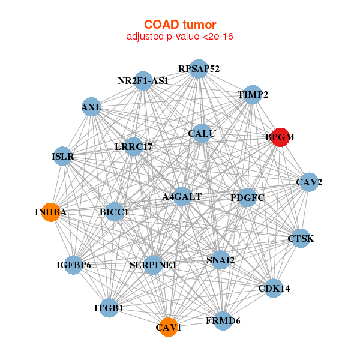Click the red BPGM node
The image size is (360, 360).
coord(280,137)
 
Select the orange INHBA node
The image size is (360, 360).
coord(51,212)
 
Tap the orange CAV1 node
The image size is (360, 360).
coord(169,327)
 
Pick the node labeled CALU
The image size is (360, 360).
coord(202,133)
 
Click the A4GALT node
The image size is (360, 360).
coord(182,196)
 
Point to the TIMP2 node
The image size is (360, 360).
coord(253,95)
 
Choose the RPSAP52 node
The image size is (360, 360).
coord(199,68)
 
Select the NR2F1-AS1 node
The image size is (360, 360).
coord(143,80)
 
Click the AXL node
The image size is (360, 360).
coord(91,107)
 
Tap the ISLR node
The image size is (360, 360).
coord(63,157)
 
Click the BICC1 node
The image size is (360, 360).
coord(115,212)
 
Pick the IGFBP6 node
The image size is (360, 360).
coord(74,265)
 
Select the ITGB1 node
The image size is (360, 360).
coord(109,308)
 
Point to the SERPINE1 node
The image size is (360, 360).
coord(154,265)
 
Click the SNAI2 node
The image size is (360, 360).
coord(220,260)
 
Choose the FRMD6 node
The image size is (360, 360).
coord(223,321)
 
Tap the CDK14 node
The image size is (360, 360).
coord(274,289)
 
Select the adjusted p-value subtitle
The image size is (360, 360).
coord(180,37)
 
